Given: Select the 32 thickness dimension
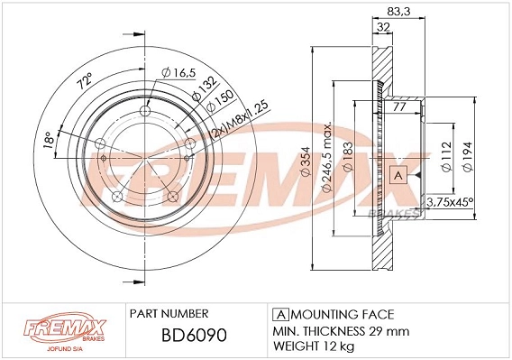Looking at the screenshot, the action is click(x=383, y=27).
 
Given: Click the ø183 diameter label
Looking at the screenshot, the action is click(x=348, y=156).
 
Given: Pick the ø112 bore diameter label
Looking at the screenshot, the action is click(x=446, y=156).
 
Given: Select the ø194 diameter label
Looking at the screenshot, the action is click(x=468, y=156).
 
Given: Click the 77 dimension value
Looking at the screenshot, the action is click(x=399, y=106).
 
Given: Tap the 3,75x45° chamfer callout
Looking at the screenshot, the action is click(x=450, y=202).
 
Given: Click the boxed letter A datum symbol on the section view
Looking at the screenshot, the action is click(x=398, y=175).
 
